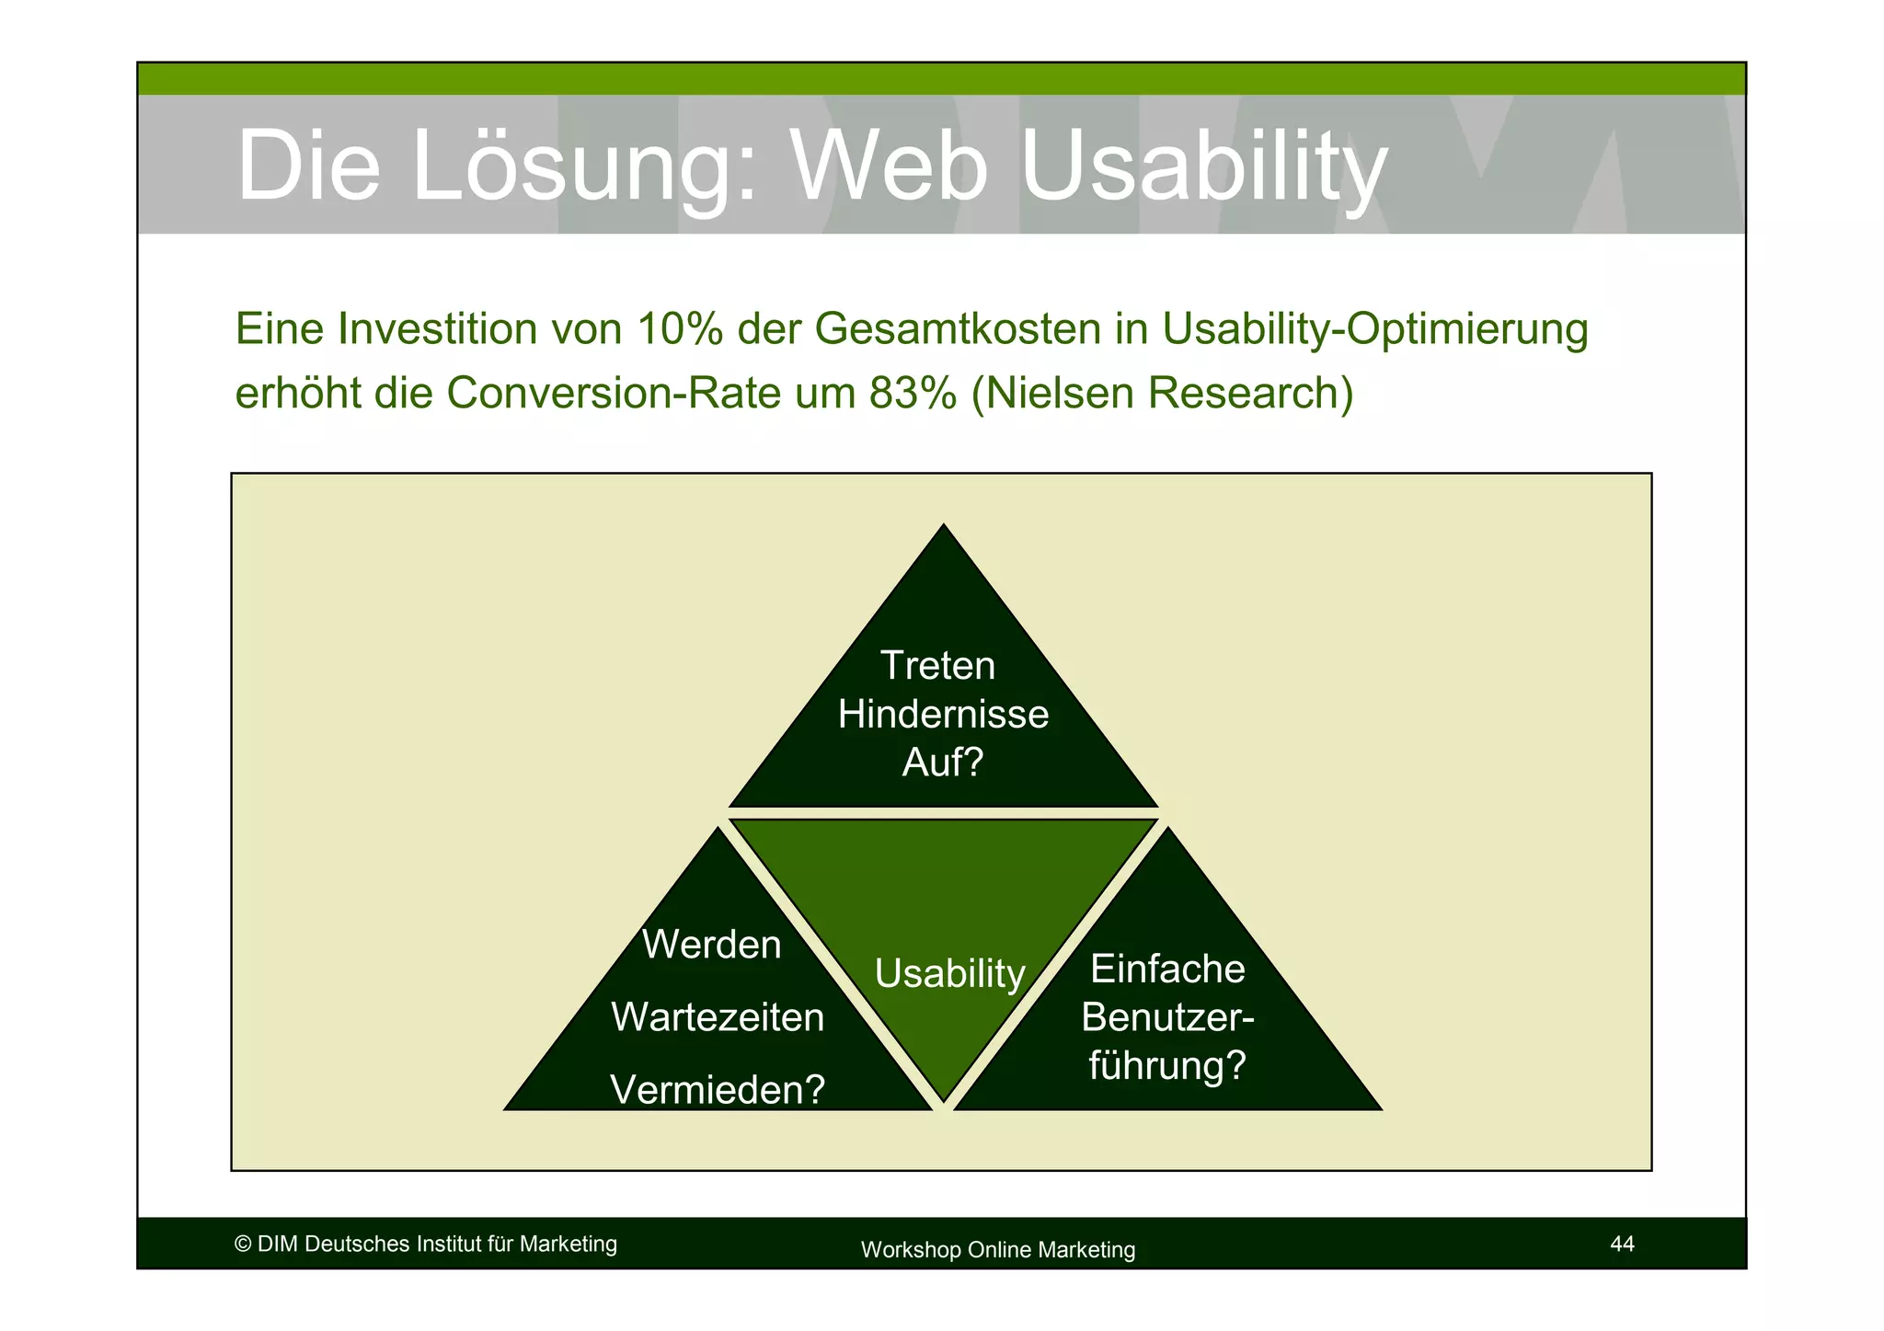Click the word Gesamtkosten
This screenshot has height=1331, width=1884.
tap(958, 329)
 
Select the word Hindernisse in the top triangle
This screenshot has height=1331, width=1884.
tap(943, 715)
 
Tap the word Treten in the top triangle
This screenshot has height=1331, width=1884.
tap(937, 666)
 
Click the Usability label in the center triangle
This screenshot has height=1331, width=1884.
tap(949, 974)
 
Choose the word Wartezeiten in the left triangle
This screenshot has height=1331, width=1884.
tap(718, 1018)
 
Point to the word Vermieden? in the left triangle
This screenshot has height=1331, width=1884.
tap(718, 1091)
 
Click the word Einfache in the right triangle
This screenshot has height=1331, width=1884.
tap(1166, 970)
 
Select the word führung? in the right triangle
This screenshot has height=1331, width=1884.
tap(1166, 1066)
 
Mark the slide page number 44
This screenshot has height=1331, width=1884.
tap(1622, 1245)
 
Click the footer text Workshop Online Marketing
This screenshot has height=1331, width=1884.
tap(997, 1250)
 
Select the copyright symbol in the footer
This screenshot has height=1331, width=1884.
tap(243, 1245)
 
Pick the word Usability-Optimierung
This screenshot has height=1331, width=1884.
tap(1374, 329)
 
